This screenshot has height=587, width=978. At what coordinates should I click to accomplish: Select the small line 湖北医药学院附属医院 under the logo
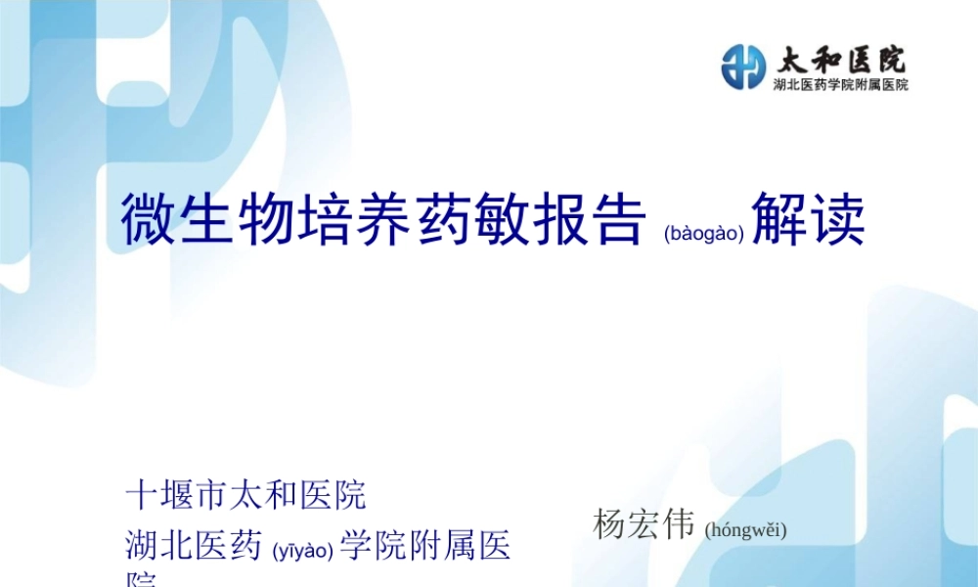[x=841, y=85]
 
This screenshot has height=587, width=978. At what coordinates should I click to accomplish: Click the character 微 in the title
[x=146, y=219]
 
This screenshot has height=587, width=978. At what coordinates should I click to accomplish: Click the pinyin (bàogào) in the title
[x=703, y=233]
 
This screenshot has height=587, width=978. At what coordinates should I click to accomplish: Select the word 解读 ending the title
[x=809, y=219]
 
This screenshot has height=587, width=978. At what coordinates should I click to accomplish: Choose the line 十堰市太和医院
[x=245, y=496]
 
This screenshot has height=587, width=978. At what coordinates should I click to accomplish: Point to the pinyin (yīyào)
[x=303, y=551]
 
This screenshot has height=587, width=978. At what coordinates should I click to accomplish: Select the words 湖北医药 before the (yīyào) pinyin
[x=193, y=546]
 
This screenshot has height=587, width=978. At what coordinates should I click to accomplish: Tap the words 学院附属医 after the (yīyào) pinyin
[x=425, y=546]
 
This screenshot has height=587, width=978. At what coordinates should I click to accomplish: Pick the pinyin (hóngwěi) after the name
[x=745, y=530]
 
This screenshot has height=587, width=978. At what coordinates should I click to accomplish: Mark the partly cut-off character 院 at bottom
[x=143, y=579]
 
